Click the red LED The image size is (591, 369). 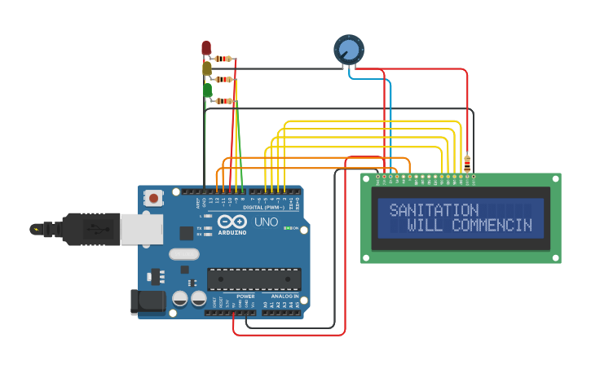[206, 48]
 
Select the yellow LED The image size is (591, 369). [207, 69]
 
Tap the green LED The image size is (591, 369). [207, 90]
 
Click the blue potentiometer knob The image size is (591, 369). [348, 50]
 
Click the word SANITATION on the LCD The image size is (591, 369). [434, 210]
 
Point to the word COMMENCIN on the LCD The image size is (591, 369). [492, 226]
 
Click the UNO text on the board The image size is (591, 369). [267, 222]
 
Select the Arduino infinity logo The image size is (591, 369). [232, 222]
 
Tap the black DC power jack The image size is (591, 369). [148, 301]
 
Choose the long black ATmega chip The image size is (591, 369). [254, 279]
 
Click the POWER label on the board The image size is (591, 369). [245, 297]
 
